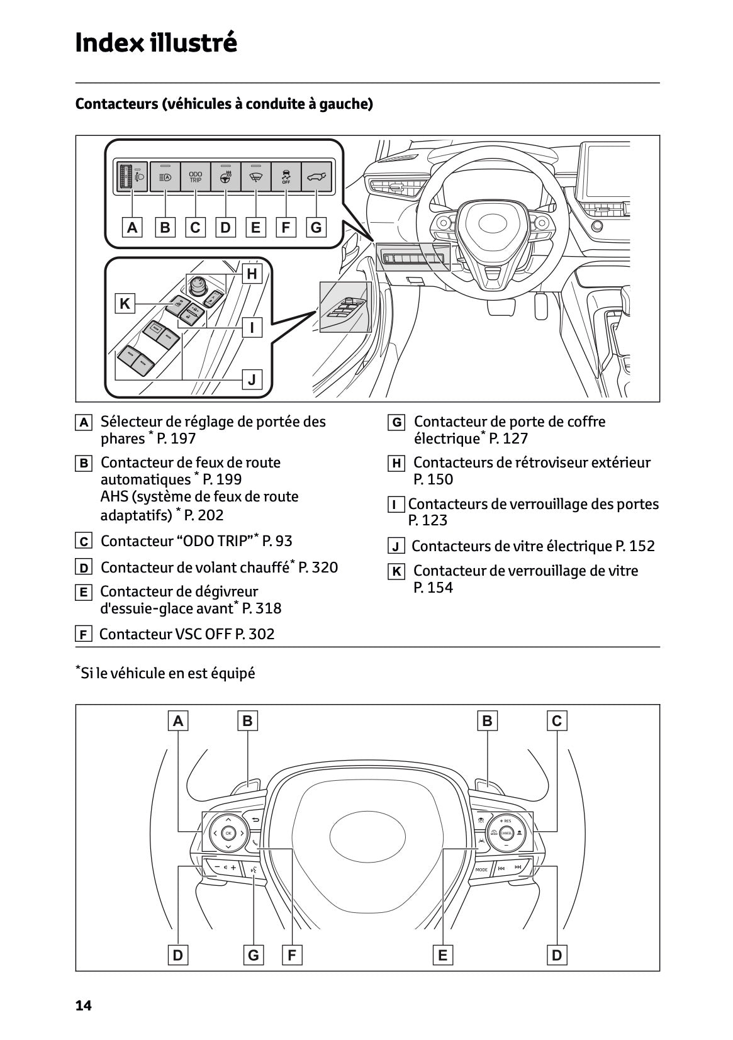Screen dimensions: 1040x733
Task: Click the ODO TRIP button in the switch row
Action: [196, 177]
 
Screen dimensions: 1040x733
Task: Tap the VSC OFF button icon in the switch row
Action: [286, 177]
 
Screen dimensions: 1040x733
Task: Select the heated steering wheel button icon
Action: [226, 177]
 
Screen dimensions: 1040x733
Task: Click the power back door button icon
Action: [316, 177]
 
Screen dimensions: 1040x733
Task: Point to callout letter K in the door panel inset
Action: [125, 304]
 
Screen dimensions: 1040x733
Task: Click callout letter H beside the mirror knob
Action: [252, 274]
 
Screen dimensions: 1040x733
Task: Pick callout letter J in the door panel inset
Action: [252, 379]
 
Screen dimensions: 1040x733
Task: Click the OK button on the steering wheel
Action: [228, 833]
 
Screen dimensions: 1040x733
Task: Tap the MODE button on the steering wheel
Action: [481, 869]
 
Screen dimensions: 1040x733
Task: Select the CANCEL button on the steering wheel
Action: [506, 833]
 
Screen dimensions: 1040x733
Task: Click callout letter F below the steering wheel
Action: [291, 955]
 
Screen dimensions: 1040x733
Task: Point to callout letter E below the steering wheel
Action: [442, 955]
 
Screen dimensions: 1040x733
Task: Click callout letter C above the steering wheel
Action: [556, 720]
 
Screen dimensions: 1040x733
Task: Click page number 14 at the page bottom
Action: [83, 1006]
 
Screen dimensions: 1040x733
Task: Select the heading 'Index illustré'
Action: [156, 43]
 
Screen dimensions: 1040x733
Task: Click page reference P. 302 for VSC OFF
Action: [255, 634]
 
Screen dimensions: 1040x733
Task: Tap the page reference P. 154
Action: [433, 588]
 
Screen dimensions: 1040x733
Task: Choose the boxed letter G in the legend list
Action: [396, 422]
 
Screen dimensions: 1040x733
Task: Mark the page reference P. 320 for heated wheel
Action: [318, 568]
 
